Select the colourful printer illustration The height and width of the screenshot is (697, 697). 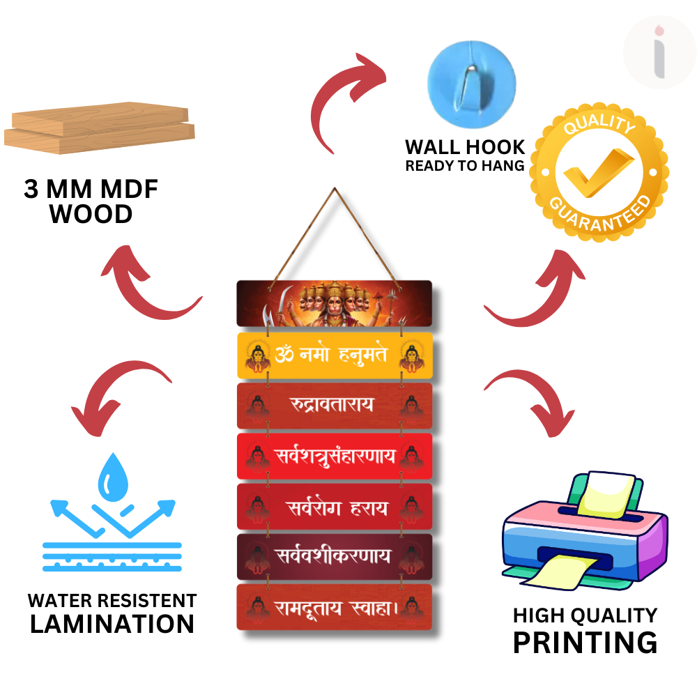584,530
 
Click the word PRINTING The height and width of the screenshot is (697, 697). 585,641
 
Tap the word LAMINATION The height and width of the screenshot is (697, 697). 112,623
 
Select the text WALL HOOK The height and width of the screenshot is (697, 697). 465,147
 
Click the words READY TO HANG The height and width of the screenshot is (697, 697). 465,166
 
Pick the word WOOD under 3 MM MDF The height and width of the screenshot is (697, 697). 91,215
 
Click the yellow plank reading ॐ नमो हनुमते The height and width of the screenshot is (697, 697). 334,355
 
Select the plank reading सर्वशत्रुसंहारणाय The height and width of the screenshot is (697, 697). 334,456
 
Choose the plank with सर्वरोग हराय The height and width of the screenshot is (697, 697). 334,506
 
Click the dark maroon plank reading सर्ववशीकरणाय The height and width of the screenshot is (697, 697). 334,556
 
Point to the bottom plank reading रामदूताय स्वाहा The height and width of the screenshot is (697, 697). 334,606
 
